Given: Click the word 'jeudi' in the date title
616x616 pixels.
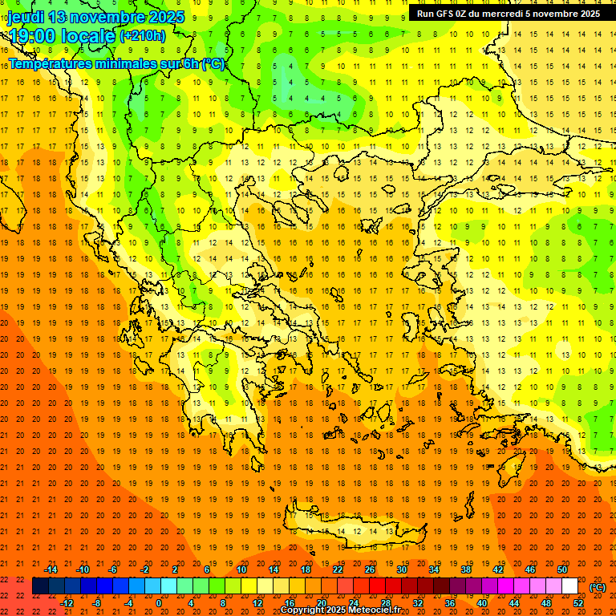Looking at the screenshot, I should click(26, 17).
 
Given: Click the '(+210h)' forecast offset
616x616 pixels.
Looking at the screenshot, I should click(143, 36).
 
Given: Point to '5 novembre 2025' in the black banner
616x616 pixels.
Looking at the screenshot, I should click(562, 14).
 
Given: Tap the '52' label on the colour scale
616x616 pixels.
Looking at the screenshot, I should click(578, 603).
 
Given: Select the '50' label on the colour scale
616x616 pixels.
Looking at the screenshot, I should click(562, 569).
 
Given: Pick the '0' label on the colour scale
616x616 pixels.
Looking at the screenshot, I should click(159, 603).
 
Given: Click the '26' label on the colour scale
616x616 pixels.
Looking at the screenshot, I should click(370, 569).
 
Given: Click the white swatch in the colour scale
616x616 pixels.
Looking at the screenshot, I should click(569, 586).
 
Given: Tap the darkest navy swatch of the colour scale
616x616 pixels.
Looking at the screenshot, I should click(40, 586).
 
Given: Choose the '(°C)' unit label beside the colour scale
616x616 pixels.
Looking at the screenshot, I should click(598, 587).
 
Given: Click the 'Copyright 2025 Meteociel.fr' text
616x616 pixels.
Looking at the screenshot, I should click(340, 610).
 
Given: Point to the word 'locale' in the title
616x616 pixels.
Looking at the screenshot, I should click(86, 36).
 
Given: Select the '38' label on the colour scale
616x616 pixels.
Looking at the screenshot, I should click(466, 569).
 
